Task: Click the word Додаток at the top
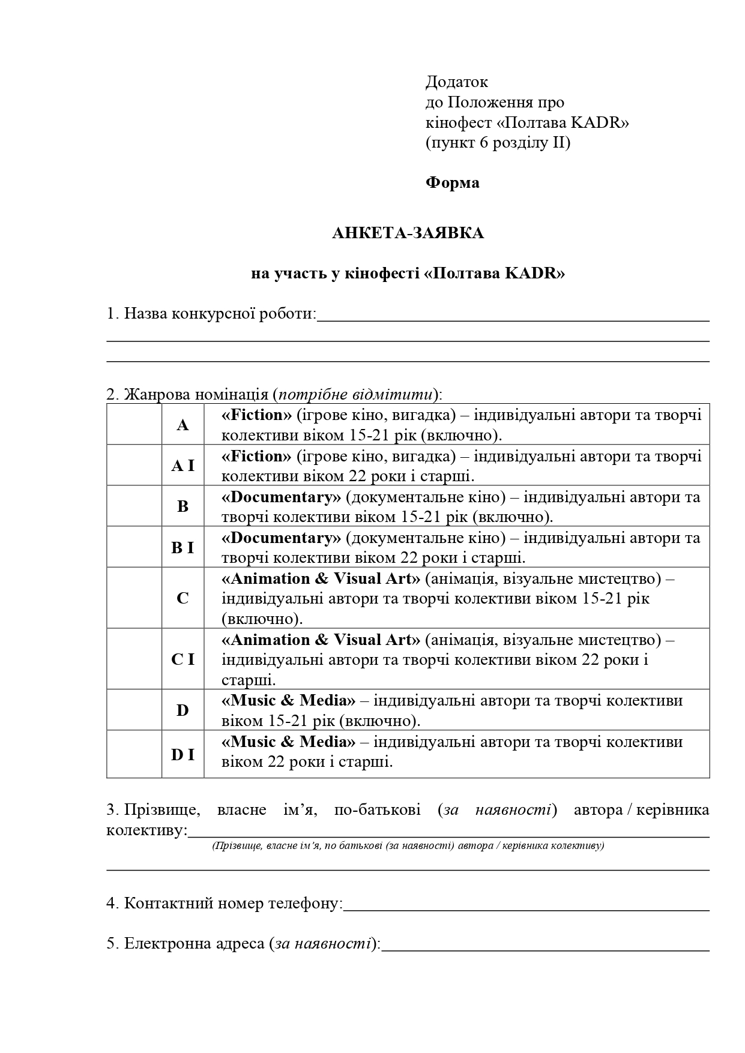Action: pyautogui.click(x=456, y=82)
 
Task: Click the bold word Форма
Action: pyautogui.click(x=452, y=182)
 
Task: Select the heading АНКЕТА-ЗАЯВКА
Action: pyautogui.click(x=408, y=233)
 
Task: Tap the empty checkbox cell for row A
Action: pyautogui.click(x=134, y=425)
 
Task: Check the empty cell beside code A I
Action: pyautogui.click(x=134, y=466)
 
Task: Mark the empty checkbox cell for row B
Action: pyautogui.click(x=134, y=506)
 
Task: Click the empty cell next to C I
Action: pyautogui.click(x=134, y=659)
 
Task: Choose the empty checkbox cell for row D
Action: pyautogui.click(x=134, y=710)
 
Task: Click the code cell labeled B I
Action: pyautogui.click(x=182, y=547)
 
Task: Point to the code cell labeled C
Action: pyautogui.click(x=182, y=598)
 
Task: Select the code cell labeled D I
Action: pyautogui.click(x=182, y=755)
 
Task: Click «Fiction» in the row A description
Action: pyautogui.click(x=256, y=415)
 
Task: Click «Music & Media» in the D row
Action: pyautogui.click(x=288, y=701)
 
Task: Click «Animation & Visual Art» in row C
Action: pyautogui.click(x=321, y=578)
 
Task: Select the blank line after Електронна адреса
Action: pyautogui.click(x=545, y=945)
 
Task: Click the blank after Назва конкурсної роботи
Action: pyautogui.click(x=513, y=315)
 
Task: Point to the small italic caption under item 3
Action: pyautogui.click(x=408, y=846)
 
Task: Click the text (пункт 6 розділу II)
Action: pyautogui.click(x=498, y=143)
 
